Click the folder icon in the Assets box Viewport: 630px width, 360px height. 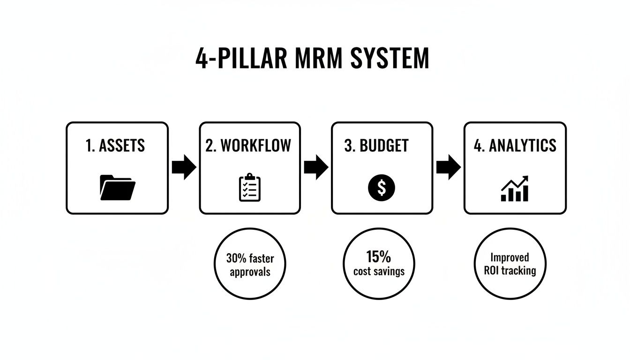(117, 187)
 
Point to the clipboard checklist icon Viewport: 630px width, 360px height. (249, 187)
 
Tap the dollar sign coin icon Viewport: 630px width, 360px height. (382, 188)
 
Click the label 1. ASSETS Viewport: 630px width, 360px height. (115, 146)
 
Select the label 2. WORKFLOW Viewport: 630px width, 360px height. (248, 146)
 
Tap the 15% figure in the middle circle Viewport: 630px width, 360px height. (379, 257)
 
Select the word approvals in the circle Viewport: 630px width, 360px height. (250, 272)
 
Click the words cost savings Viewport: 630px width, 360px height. (379, 271)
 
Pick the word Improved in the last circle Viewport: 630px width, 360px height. (510, 257)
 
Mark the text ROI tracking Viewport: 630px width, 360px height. (510, 271)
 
